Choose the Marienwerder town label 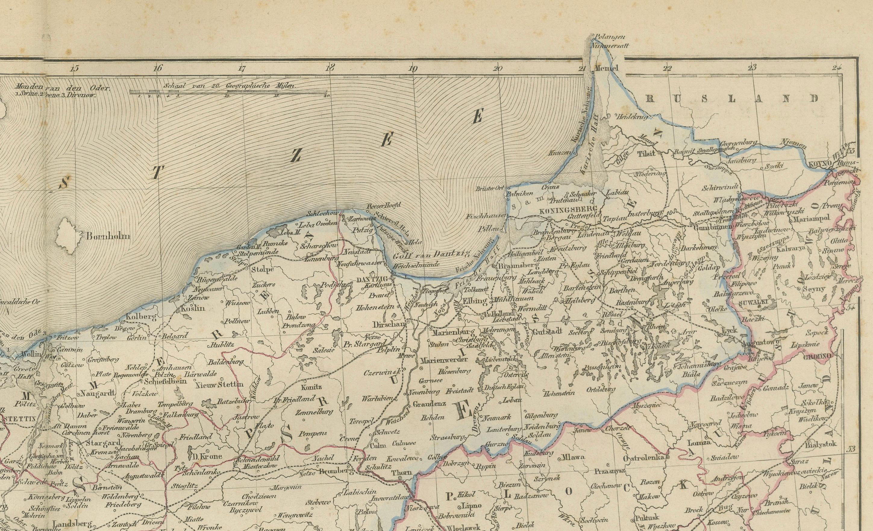pos(439,360)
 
